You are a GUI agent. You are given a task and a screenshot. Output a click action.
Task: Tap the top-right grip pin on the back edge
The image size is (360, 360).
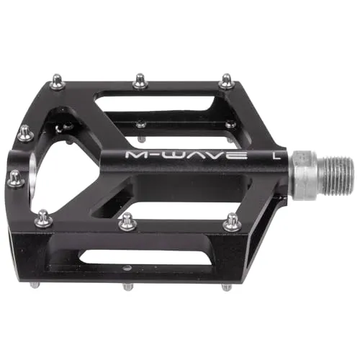[x=227, y=80]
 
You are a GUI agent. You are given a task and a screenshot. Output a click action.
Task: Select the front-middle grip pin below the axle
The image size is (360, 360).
[x=128, y=221]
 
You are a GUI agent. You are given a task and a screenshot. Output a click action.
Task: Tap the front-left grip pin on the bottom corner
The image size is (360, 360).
[x=44, y=217]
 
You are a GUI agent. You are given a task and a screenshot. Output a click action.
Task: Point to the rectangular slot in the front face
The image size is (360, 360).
[x=130, y=256]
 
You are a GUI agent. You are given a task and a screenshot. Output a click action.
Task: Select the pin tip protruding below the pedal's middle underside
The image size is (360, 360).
[x=127, y=286]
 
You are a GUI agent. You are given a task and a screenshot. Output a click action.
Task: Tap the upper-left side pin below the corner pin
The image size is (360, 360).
[x=25, y=133]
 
